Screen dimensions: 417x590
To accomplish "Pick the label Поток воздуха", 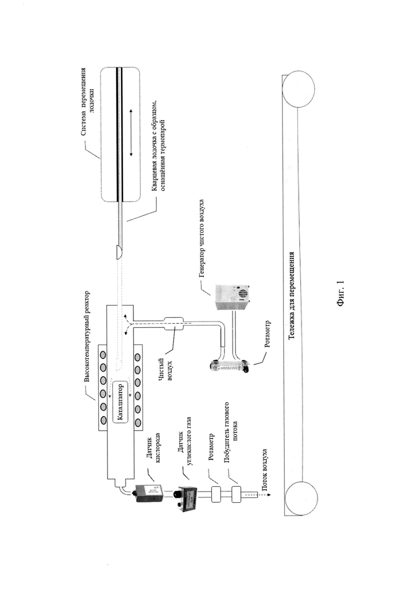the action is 265,470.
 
